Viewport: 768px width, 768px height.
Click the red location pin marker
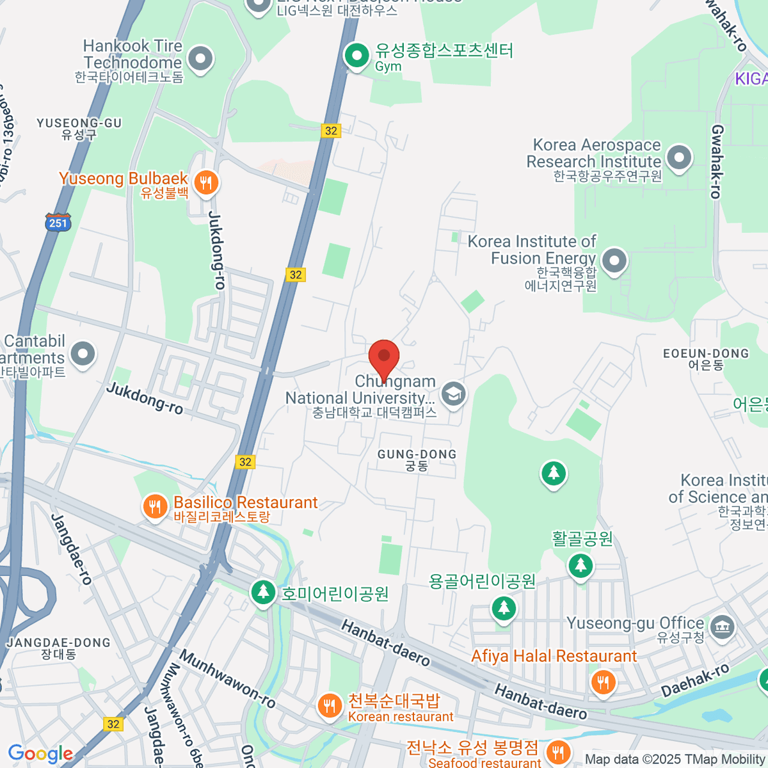click(x=384, y=357)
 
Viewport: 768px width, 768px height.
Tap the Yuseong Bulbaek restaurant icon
click(x=205, y=183)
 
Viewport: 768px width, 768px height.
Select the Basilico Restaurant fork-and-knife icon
click(x=154, y=508)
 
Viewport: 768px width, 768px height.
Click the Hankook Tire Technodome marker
click(x=200, y=58)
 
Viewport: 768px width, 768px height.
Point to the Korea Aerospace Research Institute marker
click(x=679, y=157)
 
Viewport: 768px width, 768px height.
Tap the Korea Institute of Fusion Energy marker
click(x=614, y=261)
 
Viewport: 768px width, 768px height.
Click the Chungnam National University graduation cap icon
click(x=453, y=394)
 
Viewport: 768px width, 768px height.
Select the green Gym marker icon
click(x=356, y=55)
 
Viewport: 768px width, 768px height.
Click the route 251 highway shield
click(x=58, y=223)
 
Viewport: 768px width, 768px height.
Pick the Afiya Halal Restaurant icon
click(x=602, y=682)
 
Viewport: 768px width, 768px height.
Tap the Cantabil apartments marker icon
click(x=83, y=354)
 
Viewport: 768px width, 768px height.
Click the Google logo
click(x=40, y=754)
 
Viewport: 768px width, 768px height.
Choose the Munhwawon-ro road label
click(x=227, y=679)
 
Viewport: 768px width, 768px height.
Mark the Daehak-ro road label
click(x=695, y=680)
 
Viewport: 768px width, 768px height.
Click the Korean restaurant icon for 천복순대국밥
click(x=330, y=707)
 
